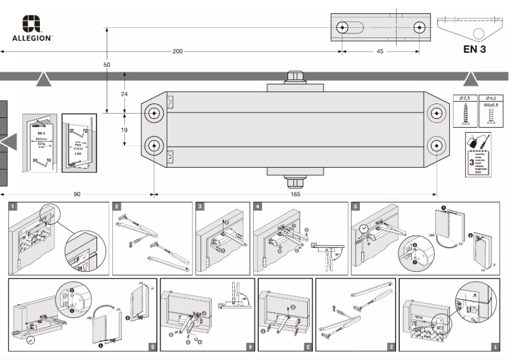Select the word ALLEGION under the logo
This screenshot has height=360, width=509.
pos(32,38)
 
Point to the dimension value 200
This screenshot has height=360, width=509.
pos(178,51)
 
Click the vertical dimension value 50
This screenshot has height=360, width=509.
pos(107,65)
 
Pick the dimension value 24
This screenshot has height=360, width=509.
pos(124,93)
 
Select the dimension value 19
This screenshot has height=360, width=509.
pos(124,130)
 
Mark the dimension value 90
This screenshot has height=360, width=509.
pos(77,194)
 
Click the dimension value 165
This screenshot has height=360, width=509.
pos(295,194)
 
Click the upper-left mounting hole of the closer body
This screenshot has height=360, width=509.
pos(154,113)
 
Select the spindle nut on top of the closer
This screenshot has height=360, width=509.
pos(295,76)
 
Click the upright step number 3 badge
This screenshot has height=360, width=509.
pos(201,206)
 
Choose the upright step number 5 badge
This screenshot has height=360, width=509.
pos(355,206)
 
